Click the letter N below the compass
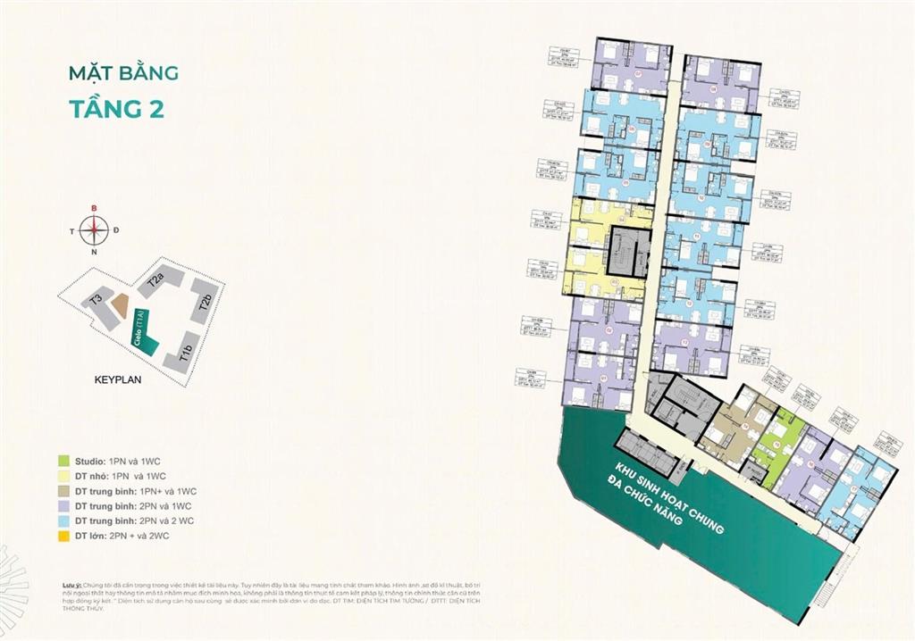[x=92, y=253]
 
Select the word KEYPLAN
[x=119, y=379]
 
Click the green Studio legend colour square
[x=63, y=461]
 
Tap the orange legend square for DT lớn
[x=63, y=537]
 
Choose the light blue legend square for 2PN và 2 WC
[x=63, y=521]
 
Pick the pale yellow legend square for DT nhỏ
[x=63, y=476]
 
